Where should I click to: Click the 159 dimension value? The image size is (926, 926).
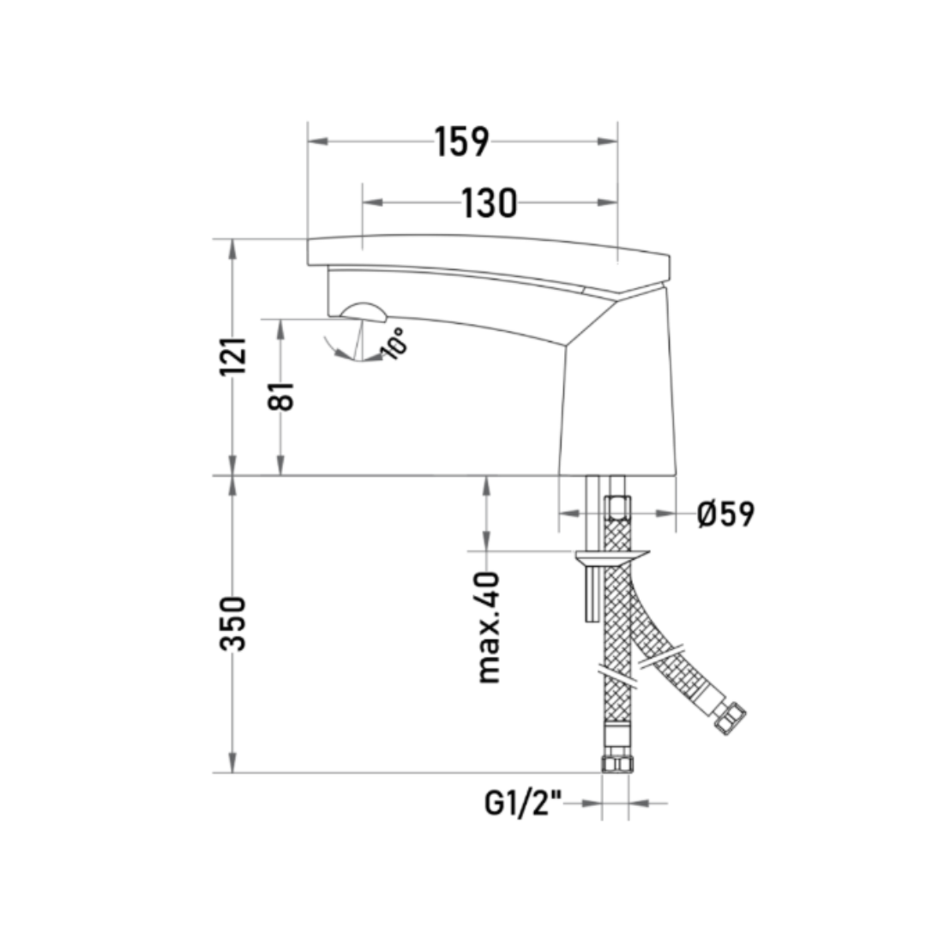[462, 141]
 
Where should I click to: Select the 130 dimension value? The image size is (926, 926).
[489, 202]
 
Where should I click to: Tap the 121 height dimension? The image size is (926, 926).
[232, 356]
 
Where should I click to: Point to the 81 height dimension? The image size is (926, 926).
[280, 395]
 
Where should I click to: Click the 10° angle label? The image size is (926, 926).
[394, 343]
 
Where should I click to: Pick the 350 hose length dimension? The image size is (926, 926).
[232, 623]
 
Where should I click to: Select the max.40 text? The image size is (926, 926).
[488, 628]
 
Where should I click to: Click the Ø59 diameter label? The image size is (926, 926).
[726, 514]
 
